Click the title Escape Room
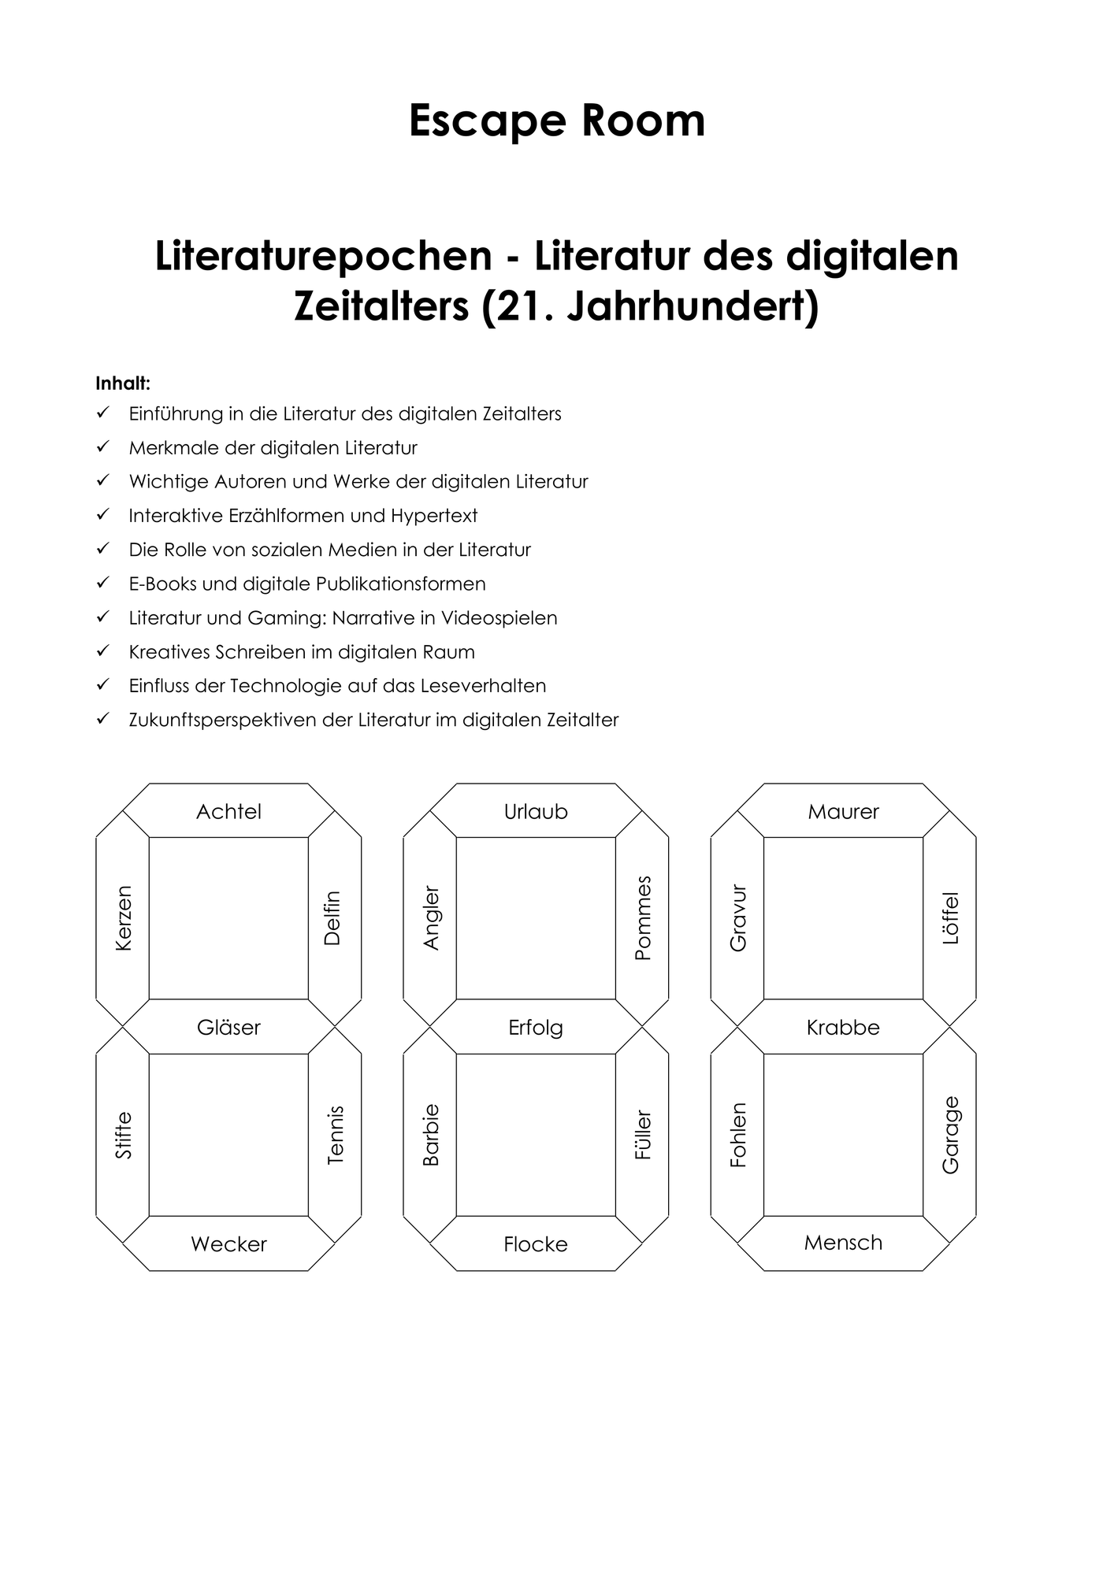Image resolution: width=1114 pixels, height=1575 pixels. coord(557,121)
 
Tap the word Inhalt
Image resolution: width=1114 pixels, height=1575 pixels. coord(123,384)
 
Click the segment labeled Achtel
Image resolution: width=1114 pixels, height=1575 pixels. coord(228,810)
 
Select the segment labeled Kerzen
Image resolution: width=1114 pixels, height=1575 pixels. coord(122,918)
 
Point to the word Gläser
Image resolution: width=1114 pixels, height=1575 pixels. coord(228,1027)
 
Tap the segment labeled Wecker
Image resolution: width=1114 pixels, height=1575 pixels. coord(228,1243)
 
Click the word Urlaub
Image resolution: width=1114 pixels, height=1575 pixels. coord(536,811)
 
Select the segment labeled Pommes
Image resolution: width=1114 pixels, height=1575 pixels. coord(642,918)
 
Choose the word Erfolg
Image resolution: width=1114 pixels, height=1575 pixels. coord(536,1028)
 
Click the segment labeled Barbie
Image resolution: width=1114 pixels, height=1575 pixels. coord(430,1135)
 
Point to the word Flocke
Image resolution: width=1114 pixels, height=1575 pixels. coord(536,1244)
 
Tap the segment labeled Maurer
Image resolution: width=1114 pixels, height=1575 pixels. coord(843,810)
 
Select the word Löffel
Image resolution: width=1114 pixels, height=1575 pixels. coord(951,918)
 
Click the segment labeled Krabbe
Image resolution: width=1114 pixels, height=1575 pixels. coord(843,1027)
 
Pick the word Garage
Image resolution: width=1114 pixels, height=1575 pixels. coord(951,1135)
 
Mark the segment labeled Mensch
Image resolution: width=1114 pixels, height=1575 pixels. coord(843,1243)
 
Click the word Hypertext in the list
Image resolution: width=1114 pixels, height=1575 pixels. coord(434,517)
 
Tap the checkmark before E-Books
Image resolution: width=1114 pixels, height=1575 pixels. coord(102,583)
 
